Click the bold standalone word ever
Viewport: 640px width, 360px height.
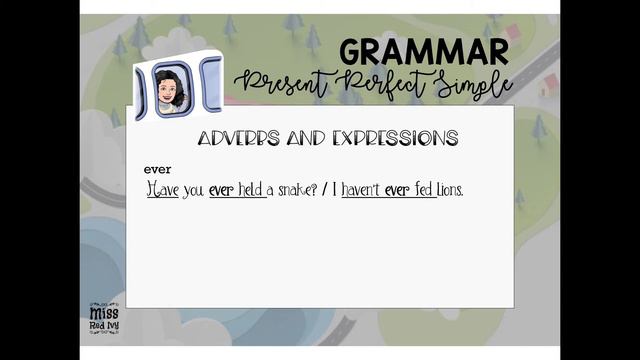[x=158, y=169]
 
